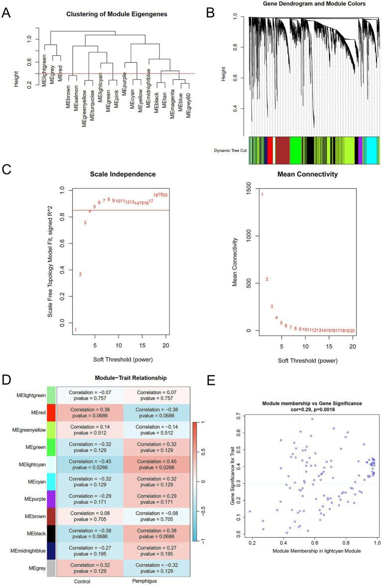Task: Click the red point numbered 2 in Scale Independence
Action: [80, 274]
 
